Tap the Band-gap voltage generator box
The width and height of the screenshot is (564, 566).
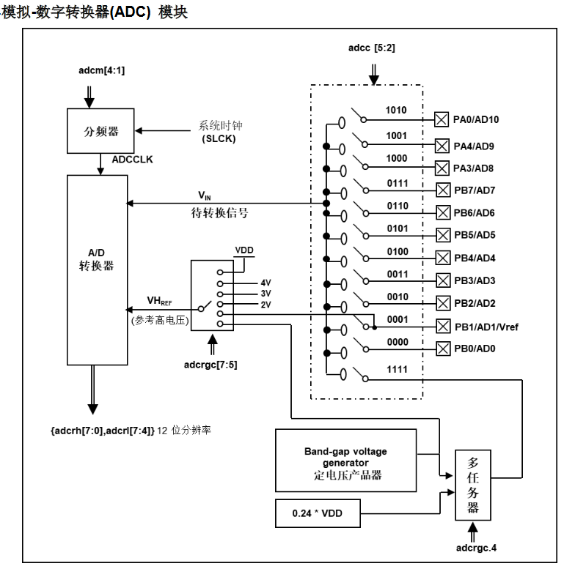(x=345, y=461)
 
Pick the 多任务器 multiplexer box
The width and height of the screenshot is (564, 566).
(x=473, y=485)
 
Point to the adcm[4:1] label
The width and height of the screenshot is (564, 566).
(x=95, y=70)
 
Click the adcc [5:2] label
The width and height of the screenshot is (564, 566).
(x=374, y=48)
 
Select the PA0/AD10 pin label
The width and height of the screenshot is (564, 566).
(x=477, y=119)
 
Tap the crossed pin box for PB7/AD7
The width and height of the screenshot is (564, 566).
(x=442, y=190)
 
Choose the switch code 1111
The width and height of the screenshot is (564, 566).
(x=397, y=370)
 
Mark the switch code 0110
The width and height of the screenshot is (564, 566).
(x=397, y=206)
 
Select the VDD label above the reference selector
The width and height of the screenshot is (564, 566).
(x=244, y=250)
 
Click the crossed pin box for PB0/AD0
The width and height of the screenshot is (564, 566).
(x=442, y=349)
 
